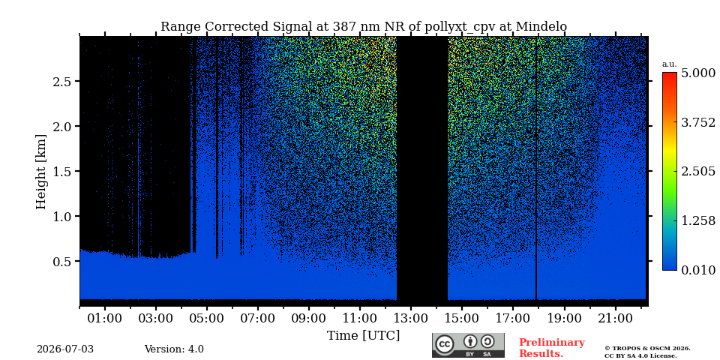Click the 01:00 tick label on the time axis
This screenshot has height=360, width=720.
point(105,318)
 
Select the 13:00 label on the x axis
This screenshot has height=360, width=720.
point(411,318)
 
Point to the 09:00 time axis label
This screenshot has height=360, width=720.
point(309,318)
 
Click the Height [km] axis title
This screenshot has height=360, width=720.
point(41,172)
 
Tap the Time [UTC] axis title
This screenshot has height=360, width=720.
point(363,336)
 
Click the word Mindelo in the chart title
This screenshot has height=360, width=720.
point(541,27)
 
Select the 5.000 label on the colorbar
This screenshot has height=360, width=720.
point(698,73)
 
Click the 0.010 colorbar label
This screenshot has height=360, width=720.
point(698,270)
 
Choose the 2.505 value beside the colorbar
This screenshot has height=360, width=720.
point(698,172)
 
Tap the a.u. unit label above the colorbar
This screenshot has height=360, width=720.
point(670,64)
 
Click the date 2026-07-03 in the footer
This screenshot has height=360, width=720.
point(65,349)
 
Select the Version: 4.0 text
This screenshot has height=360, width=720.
point(174,349)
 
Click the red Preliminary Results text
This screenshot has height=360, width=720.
point(552,348)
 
